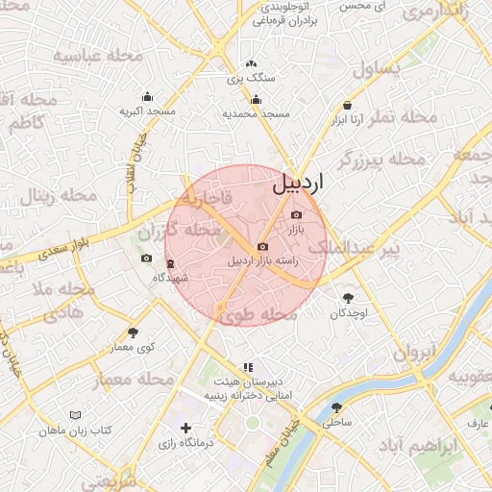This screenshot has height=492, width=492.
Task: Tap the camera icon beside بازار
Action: tap(296, 215)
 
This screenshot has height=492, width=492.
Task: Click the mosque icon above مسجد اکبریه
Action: tap(147, 96)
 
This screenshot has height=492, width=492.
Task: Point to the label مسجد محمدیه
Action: tap(257, 113)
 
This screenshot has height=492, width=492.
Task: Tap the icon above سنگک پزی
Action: tap(251, 63)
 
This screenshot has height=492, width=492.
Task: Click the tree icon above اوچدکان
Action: tap(348, 298)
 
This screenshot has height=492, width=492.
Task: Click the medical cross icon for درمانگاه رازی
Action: tap(185, 428)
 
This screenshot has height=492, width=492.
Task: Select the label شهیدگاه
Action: tap(171, 278)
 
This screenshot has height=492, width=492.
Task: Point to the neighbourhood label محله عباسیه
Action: tap(97, 56)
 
